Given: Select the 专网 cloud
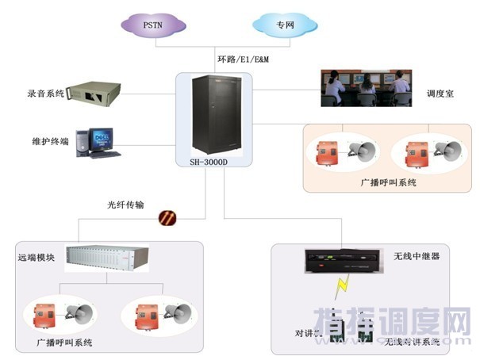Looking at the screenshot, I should pos(286,25).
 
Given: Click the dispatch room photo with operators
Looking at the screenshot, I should pos(366,87).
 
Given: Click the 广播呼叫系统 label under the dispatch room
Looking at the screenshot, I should pos(389,182).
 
